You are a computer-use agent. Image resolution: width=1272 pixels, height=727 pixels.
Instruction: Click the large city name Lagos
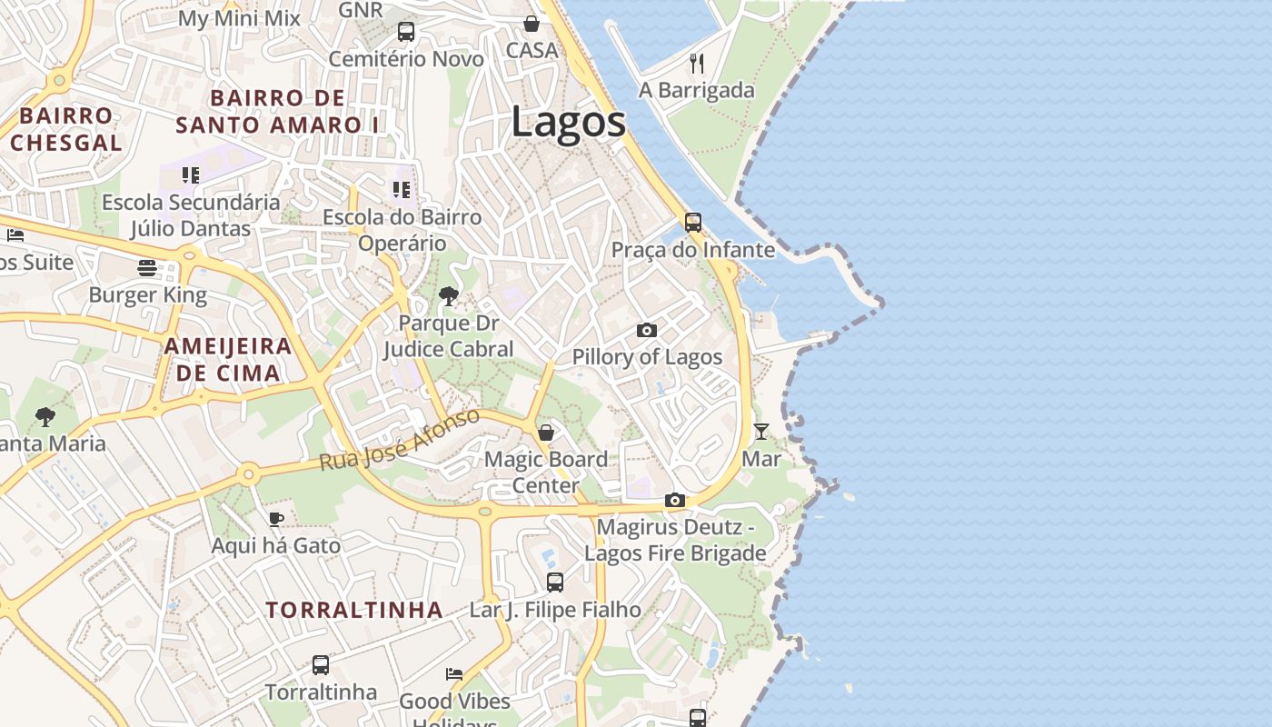(568, 123)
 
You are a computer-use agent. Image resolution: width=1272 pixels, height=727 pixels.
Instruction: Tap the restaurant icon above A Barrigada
(697, 63)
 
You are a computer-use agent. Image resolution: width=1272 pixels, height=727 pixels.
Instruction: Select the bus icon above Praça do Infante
(693, 223)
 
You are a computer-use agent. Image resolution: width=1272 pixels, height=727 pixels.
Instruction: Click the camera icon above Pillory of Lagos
(647, 330)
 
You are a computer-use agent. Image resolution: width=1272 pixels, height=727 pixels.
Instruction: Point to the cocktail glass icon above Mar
(761, 432)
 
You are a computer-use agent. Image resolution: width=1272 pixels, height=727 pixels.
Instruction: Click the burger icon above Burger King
(147, 268)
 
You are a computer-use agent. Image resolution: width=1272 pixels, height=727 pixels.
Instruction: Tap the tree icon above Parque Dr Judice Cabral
(448, 295)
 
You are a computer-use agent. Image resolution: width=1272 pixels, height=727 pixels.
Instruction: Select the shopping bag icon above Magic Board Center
(546, 433)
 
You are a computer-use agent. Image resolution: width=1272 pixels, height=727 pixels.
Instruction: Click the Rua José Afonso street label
(399, 440)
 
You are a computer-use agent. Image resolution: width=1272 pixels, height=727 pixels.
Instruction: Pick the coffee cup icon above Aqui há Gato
(276, 519)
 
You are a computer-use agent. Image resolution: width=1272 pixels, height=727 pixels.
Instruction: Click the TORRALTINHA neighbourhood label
(354, 610)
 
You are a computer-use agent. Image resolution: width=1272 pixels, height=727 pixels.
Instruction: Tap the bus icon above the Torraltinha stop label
(321, 665)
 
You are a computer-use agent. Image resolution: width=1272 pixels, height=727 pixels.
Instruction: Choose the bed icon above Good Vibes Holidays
(454, 674)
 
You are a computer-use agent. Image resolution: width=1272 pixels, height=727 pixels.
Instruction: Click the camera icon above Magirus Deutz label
(674, 500)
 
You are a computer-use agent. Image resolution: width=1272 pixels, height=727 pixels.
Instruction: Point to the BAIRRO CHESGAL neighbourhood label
(66, 129)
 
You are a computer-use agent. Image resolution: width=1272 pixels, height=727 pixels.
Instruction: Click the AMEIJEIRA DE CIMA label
(228, 359)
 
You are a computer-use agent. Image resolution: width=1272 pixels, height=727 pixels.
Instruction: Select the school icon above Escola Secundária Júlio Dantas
(190, 174)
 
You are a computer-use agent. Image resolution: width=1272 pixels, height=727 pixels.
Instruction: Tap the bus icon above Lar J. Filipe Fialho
(555, 583)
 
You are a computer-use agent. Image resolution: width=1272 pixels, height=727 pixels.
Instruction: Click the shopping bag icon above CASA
(532, 24)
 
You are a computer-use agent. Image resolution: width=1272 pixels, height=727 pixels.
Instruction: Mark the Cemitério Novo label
(406, 59)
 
